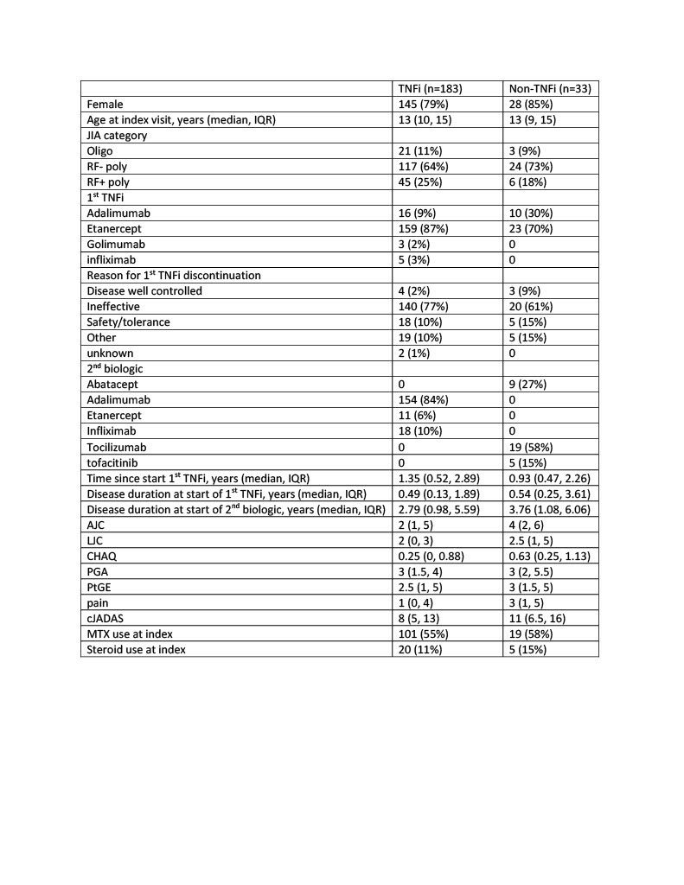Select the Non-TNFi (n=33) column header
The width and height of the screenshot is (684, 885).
(551, 89)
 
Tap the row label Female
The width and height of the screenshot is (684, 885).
(105, 105)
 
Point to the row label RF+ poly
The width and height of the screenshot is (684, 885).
(111, 182)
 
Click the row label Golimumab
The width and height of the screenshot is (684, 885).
(116, 245)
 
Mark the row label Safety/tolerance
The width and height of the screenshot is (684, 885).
(128, 322)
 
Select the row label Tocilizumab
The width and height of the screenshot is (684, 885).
(118, 447)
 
